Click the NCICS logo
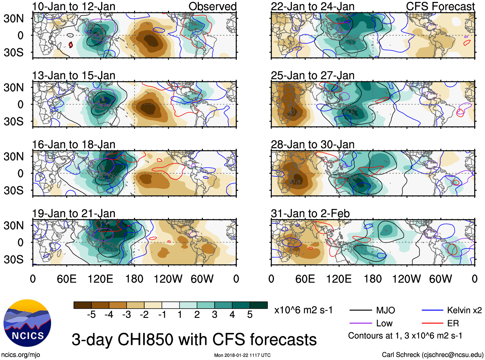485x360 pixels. point(27,323)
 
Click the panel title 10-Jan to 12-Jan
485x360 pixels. point(74,6)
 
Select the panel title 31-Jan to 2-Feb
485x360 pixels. point(310,214)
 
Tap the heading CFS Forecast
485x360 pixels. point(440,6)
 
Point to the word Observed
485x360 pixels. point(212,6)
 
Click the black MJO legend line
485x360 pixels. point(361,310)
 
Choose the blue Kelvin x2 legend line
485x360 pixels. point(432,310)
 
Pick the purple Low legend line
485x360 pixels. point(361,323)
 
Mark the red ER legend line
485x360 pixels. point(432,323)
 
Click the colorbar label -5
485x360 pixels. point(91,315)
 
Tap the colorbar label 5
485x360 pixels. point(250,315)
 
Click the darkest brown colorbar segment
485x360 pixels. point(83,305)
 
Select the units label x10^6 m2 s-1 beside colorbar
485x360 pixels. point(303,310)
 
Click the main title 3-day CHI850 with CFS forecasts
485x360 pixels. point(194,340)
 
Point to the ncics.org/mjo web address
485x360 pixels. point(21,355)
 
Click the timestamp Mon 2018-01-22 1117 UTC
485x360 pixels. point(242,355)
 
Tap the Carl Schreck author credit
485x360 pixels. point(432,355)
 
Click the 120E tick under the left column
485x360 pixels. point(101,279)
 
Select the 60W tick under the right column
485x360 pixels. point(440,279)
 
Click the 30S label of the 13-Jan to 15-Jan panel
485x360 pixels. point(13,121)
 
